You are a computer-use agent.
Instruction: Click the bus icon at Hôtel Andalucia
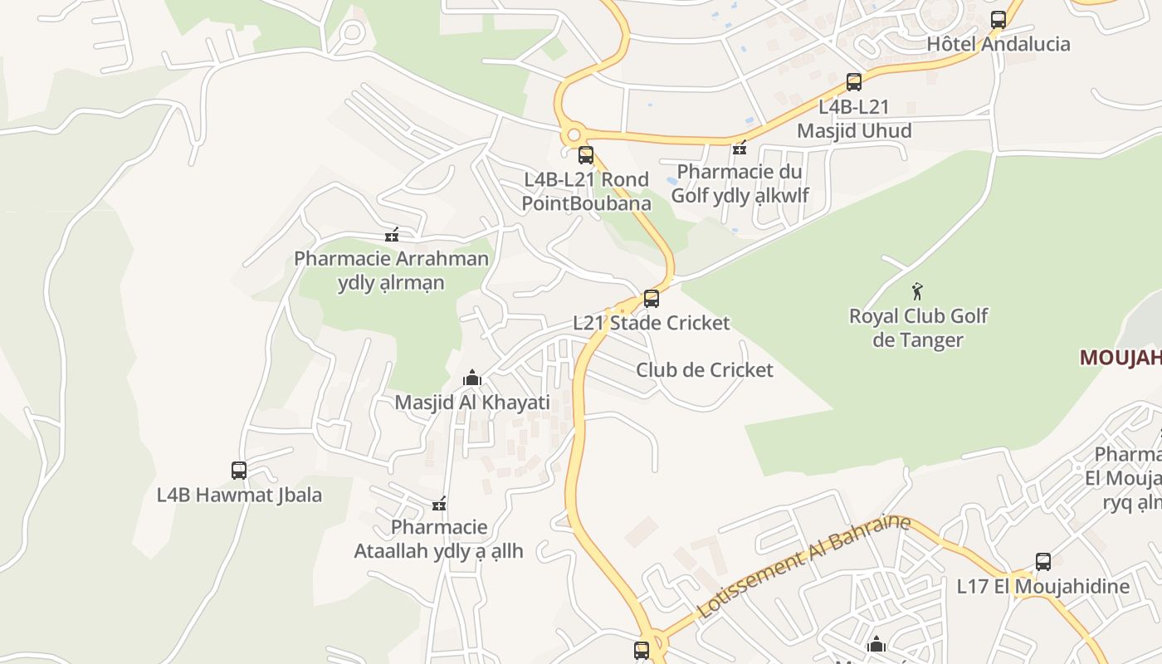coord(998,19)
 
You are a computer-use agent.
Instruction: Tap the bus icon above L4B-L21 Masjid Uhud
coord(854,81)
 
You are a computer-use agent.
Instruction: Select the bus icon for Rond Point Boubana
coord(586,154)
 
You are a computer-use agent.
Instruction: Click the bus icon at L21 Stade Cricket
coord(652,298)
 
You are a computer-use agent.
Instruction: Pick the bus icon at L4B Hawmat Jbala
coord(239,470)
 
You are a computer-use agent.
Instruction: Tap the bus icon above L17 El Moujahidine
coord(1043,561)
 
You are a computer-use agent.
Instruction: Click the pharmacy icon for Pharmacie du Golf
coord(740,148)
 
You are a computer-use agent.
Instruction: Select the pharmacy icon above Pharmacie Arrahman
coord(392,235)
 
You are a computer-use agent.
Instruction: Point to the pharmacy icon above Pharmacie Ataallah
coord(439,503)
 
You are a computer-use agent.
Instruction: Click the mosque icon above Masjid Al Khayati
coord(472,378)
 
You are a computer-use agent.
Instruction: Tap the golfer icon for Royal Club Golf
coord(917,291)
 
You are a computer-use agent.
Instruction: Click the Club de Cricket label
coord(704,370)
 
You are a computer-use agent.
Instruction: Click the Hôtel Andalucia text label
coord(998,44)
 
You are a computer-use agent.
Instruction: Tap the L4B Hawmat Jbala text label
coord(239,496)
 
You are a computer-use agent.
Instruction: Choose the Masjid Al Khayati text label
coord(472,403)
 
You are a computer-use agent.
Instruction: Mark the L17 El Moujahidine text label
coord(1043,586)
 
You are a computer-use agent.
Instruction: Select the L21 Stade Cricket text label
coord(652,323)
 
